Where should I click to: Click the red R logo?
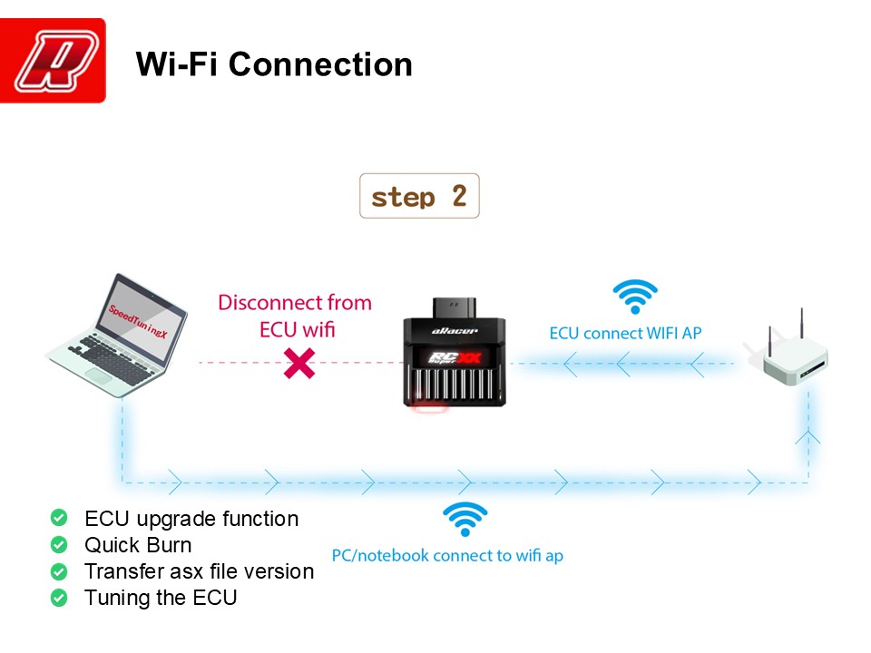(x=53, y=61)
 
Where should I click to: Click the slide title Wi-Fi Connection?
(x=273, y=64)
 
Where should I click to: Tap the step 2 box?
(x=419, y=197)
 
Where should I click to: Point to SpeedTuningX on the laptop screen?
(x=139, y=322)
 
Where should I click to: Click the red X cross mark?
(x=299, y=363)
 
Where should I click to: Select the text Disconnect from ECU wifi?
(x=295, y=315)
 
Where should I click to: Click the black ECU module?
(x=454, y=354)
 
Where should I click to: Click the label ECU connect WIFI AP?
(x=625, y=333)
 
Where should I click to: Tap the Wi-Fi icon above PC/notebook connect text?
(x=465, y=519)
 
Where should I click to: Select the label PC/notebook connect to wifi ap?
(x=447, y=555)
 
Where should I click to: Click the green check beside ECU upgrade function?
(x=59, y=519)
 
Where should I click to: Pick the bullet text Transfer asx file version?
(x=199, y=571)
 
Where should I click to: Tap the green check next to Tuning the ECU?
(x=59, y=598)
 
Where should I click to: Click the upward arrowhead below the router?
(x=807, y=437)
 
